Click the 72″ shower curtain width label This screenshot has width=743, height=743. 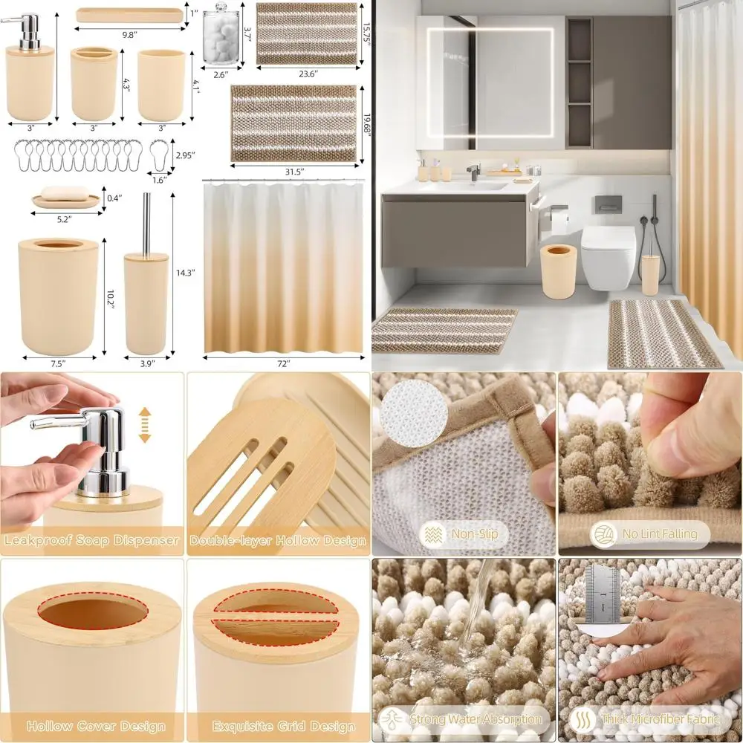283,364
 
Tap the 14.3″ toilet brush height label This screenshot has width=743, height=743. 185,273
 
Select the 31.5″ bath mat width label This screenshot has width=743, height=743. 295,172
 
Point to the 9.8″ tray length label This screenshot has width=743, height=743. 129,34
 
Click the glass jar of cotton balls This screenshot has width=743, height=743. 219,37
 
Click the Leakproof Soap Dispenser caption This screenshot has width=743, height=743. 92,540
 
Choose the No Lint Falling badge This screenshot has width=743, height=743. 650,533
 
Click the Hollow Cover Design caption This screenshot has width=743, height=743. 95,726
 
